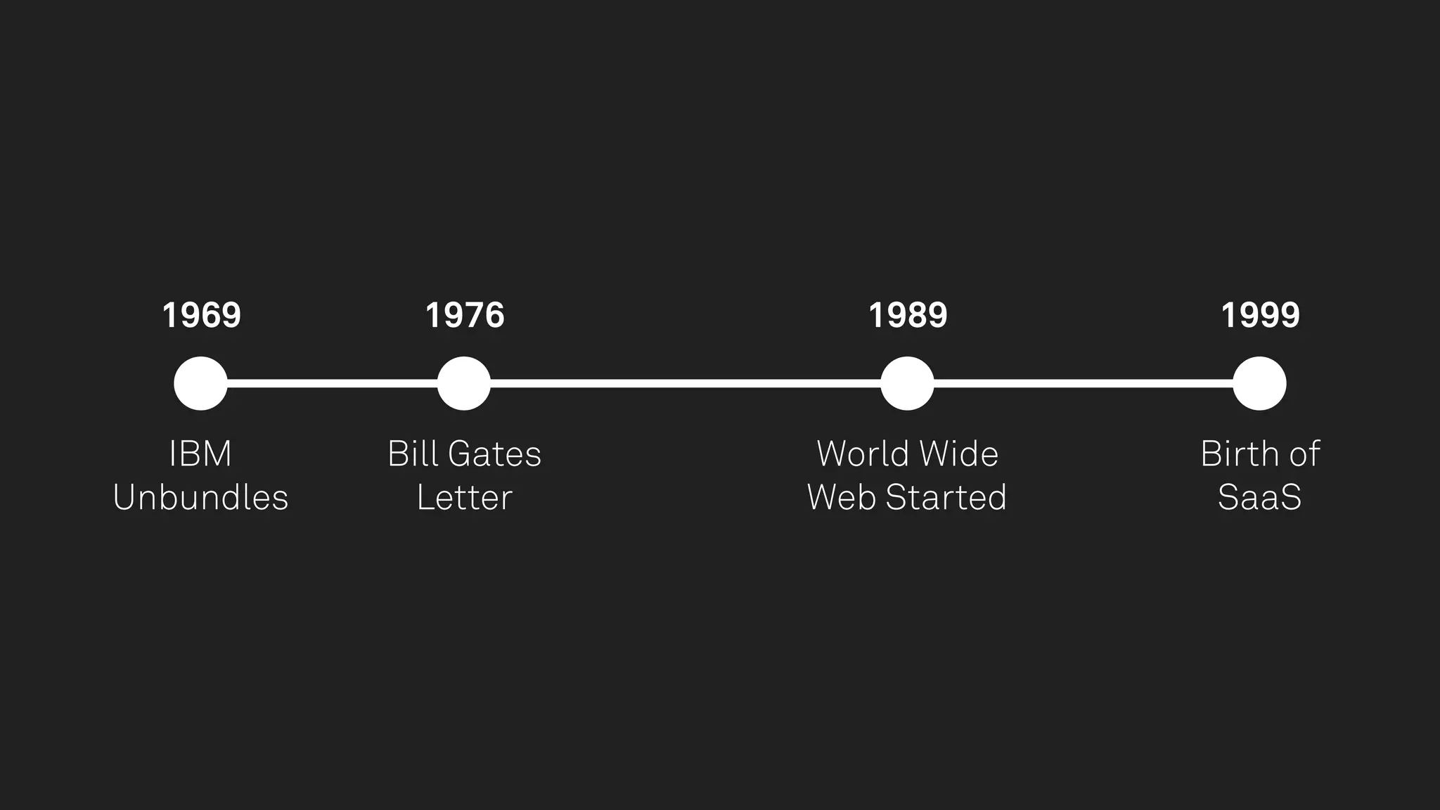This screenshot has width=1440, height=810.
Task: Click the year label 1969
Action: [x=201, y=315]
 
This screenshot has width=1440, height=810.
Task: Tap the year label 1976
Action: [x=465, y=315]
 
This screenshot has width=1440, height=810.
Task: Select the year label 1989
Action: [x=908, y=315]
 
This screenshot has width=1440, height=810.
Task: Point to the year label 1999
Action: [x=1260, y=315]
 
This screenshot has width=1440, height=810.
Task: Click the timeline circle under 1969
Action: [x=201, y=383]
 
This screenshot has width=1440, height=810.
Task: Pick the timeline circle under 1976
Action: [x=464, y=383]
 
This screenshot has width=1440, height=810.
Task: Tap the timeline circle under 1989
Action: [x=907, y=383]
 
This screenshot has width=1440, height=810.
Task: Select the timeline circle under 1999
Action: [x=1259, y=383]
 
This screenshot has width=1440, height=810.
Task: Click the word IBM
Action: [x=200, y=454]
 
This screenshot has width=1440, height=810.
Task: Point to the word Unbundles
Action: [x=200, y=498]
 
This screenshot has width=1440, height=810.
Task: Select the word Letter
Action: [x=464, y=498]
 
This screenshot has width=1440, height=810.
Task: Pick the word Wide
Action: [x=959, y=454]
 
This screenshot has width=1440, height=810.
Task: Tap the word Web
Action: [x=842, y=498]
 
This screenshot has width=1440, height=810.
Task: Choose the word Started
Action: [x=946, y=498]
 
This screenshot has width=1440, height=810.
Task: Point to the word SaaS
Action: [x=1259, y=498]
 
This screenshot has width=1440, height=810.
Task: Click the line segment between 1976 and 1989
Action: [x=686, y=383]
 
